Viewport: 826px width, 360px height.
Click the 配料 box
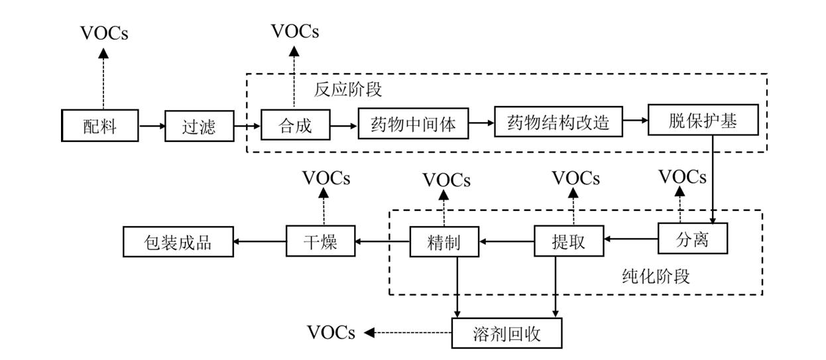[100, 126]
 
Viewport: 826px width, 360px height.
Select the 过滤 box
[198, 126]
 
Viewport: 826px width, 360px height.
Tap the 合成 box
[295, 125]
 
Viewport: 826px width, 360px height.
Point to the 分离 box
[693, 239]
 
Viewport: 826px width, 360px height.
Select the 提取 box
[569, 241]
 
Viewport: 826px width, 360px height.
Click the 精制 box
[444, 242]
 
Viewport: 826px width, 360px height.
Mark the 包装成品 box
[178, 241]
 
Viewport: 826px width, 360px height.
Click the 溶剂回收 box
[507, 333]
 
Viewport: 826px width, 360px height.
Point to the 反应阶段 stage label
[348, 89]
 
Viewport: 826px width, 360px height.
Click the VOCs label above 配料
[104, 34]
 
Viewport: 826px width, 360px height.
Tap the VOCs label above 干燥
[326, 178]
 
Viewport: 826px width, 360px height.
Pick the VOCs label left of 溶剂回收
[331, 332]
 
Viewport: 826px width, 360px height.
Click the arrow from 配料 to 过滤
[152, 125]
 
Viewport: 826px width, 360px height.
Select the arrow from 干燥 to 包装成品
[260, 241]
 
